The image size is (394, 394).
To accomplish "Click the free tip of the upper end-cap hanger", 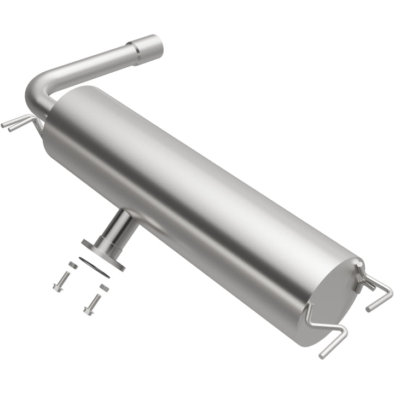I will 368,309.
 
